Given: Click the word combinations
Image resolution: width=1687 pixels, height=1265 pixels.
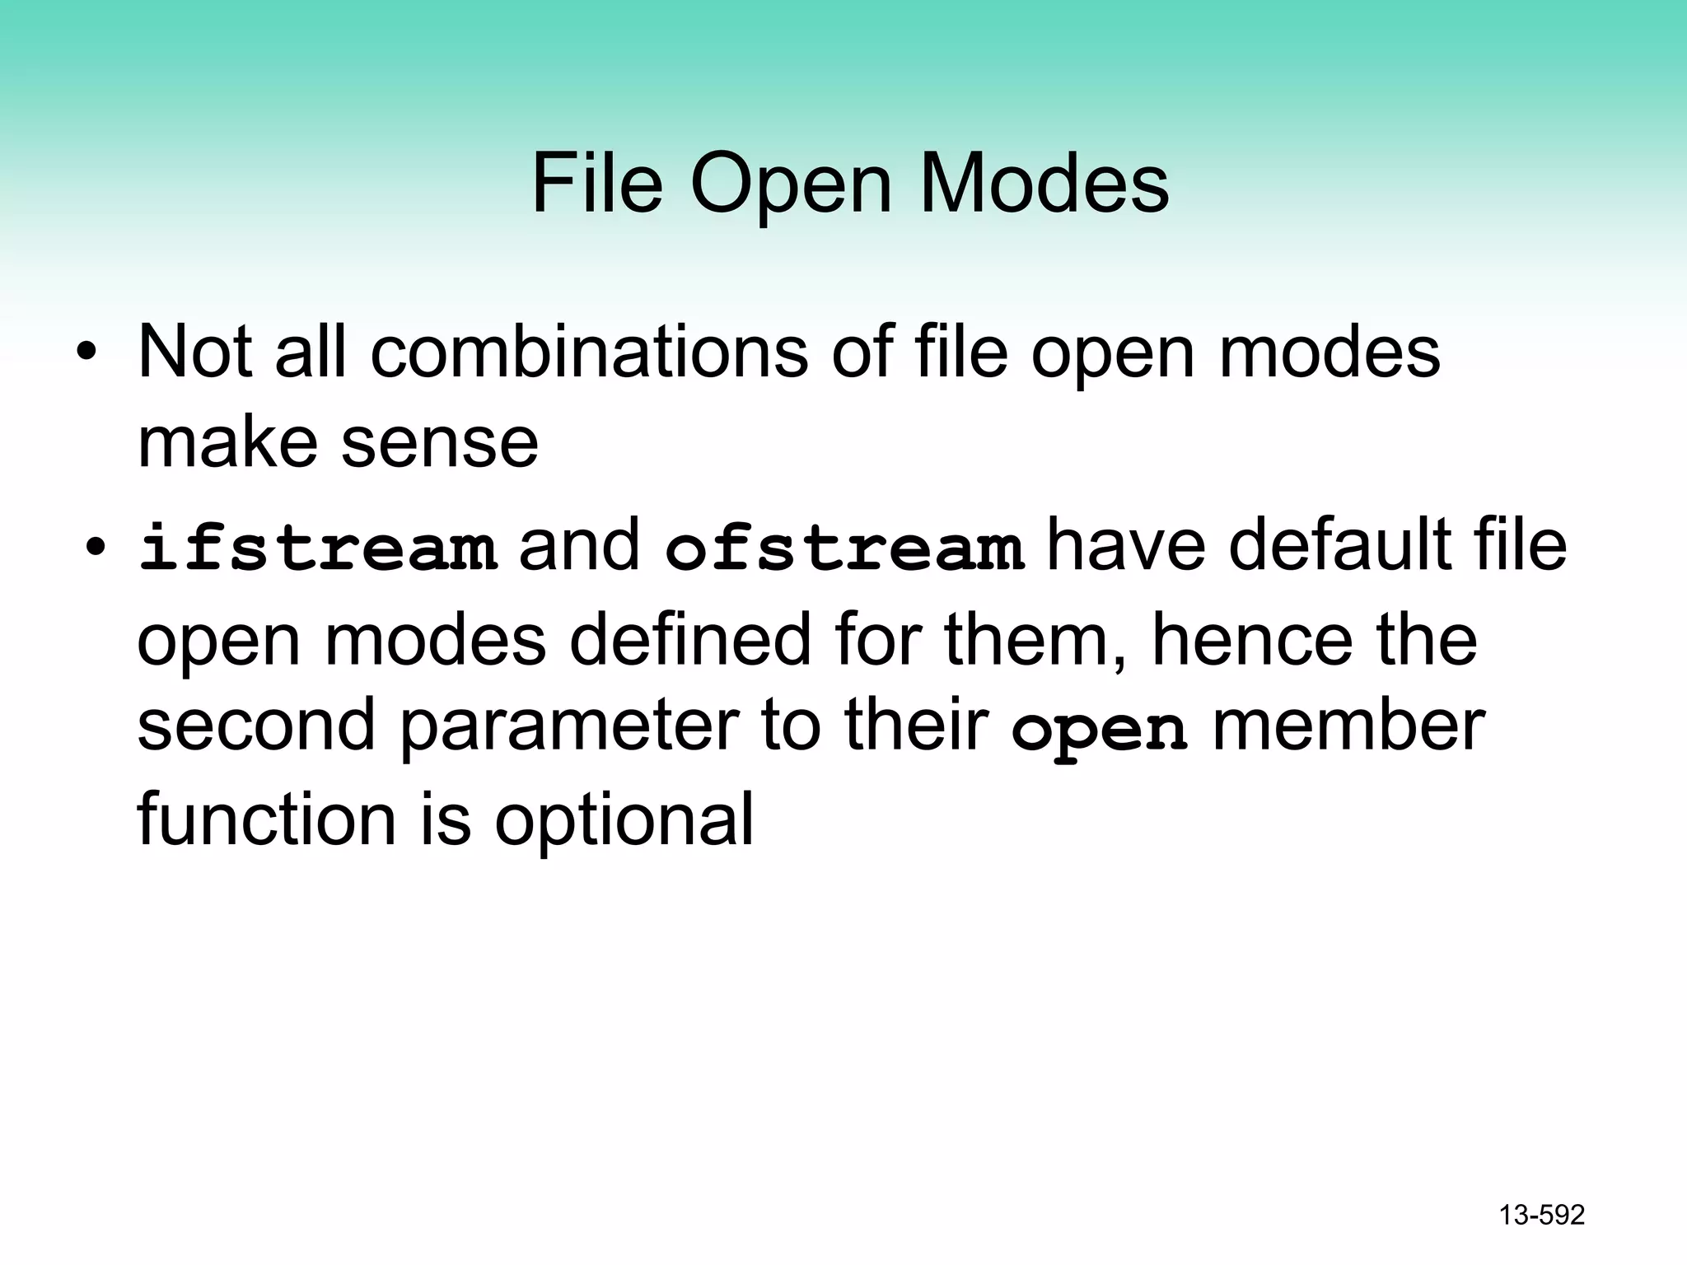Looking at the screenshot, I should click(589, 352).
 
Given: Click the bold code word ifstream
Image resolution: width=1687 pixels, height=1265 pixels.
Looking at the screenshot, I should click(318, 548).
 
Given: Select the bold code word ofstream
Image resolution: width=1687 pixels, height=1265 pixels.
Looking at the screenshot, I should click(844, 548).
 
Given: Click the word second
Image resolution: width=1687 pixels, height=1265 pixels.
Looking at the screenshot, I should click(256, 726).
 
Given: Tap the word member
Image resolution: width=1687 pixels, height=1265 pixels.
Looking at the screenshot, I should click(1348, 726).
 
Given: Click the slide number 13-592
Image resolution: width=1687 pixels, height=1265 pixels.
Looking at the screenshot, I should click(1542, 1215).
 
